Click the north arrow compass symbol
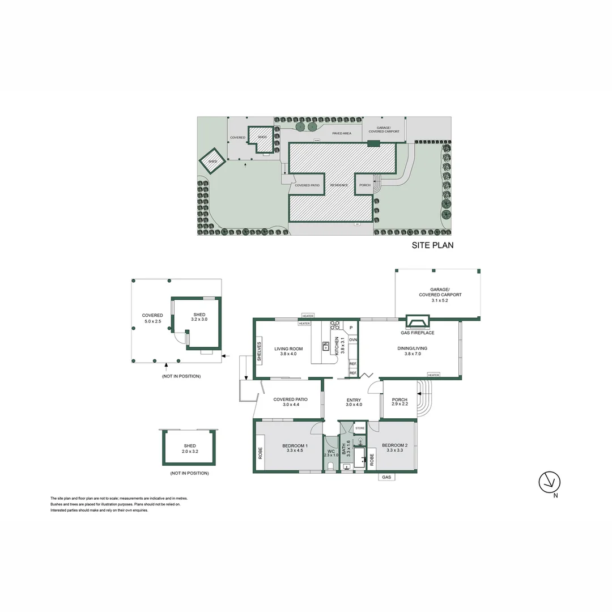click(x=549, y=483)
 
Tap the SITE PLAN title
click(x=432, y=246)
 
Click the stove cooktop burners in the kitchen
click(x=334, y=325)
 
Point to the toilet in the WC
click(x=330, y=466)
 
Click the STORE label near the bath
click(x=360, y=428)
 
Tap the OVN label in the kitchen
click(x=352, y=340)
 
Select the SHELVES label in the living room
click(x=260, y=351)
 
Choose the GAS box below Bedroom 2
click(x=386, y=478)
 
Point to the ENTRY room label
click(x=354, y=401)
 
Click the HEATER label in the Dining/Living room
click(x=433, y=375)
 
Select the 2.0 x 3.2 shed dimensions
click(x=189, y=452)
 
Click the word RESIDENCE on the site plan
click(x=339, y=185)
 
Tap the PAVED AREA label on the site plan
click(x=342, y=133)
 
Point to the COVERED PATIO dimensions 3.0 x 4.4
click(x=290, y=405)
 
